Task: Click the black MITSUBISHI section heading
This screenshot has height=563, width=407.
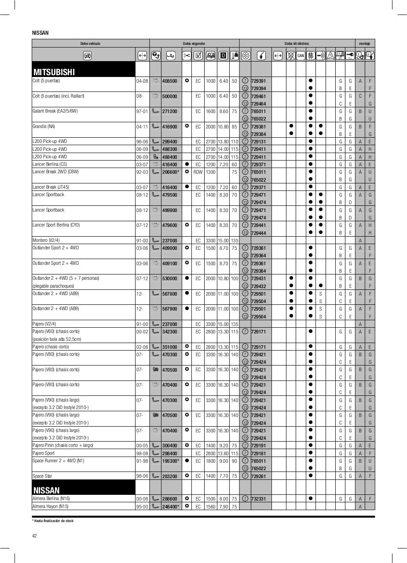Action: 54,72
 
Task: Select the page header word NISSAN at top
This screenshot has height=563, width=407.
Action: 40,33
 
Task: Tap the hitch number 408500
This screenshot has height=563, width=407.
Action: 169,81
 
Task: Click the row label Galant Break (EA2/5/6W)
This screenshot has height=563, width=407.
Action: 55,111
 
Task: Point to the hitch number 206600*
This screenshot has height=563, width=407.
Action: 170,172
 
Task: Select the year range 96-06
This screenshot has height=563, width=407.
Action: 142,142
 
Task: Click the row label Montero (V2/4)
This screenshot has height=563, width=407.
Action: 46,241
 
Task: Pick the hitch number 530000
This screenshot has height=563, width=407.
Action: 169,279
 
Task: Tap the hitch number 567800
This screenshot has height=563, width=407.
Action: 169,294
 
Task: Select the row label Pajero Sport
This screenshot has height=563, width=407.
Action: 44,453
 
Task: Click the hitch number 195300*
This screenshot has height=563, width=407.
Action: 170,461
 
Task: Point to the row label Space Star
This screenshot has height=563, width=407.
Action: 42,476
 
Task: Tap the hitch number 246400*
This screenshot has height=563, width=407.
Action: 170,507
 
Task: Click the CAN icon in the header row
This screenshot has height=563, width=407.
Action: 301,55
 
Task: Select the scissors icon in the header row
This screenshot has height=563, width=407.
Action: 187,55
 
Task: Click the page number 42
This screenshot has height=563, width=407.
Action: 35,536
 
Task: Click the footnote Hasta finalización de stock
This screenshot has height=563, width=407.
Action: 53,521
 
